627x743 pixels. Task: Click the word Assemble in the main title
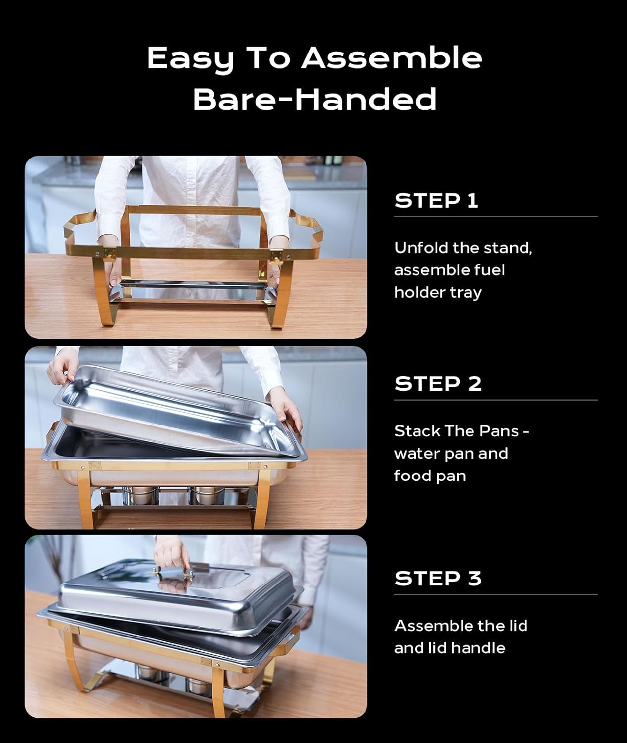point(391,58)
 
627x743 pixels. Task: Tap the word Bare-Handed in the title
point(314,99)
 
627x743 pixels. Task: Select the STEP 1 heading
point(436,201)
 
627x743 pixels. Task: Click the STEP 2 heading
point(438,384)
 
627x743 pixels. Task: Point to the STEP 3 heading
point(438,579)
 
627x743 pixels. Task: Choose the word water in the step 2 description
point(417,454)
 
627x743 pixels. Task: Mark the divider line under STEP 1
point(495,216)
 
